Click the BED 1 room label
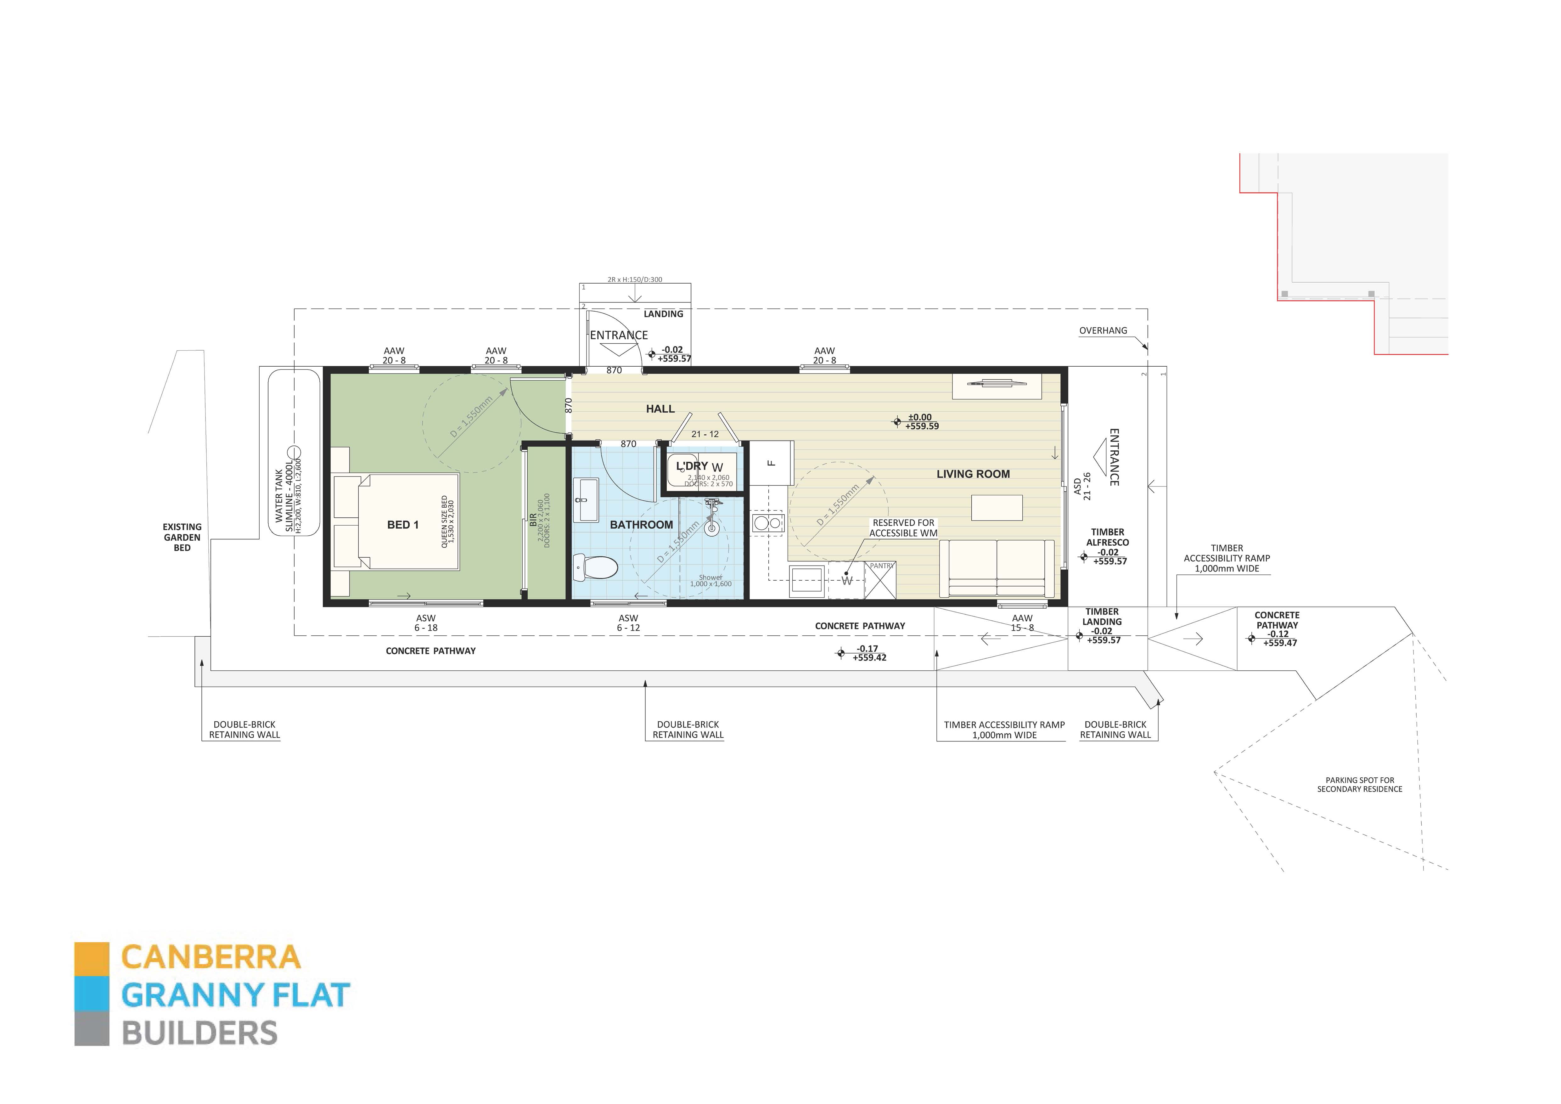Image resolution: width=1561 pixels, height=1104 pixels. coord(402,525)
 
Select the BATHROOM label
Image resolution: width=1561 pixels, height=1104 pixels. coord(641,525)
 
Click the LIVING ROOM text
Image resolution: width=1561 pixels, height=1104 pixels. coord(973,474)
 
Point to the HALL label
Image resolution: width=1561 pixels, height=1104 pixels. coord(660,408)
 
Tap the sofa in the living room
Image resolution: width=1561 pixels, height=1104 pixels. coord(997,569)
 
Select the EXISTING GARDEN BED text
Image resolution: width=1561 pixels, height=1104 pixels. coord(182,537)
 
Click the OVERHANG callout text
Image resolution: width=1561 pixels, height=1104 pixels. coord(1103,330)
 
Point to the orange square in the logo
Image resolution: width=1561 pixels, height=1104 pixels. coord(92,959)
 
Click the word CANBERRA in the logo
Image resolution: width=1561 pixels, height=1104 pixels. coord(211,957)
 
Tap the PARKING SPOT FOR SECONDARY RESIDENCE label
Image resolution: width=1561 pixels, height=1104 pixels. coord(1359,785)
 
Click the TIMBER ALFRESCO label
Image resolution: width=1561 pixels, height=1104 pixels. coord(1108,537)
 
